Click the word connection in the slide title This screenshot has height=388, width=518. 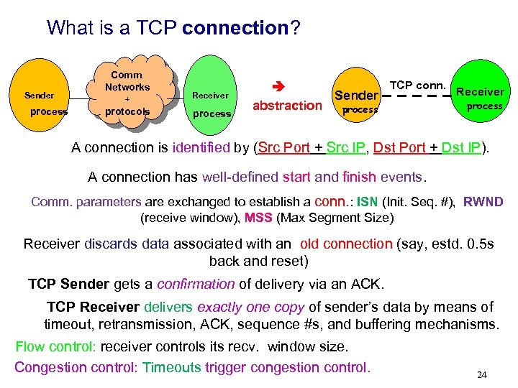click(235, 28)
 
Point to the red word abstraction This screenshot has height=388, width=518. click(287, 106)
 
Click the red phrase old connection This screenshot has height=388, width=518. click(346, 244)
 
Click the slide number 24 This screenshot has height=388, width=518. click(482, 374)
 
